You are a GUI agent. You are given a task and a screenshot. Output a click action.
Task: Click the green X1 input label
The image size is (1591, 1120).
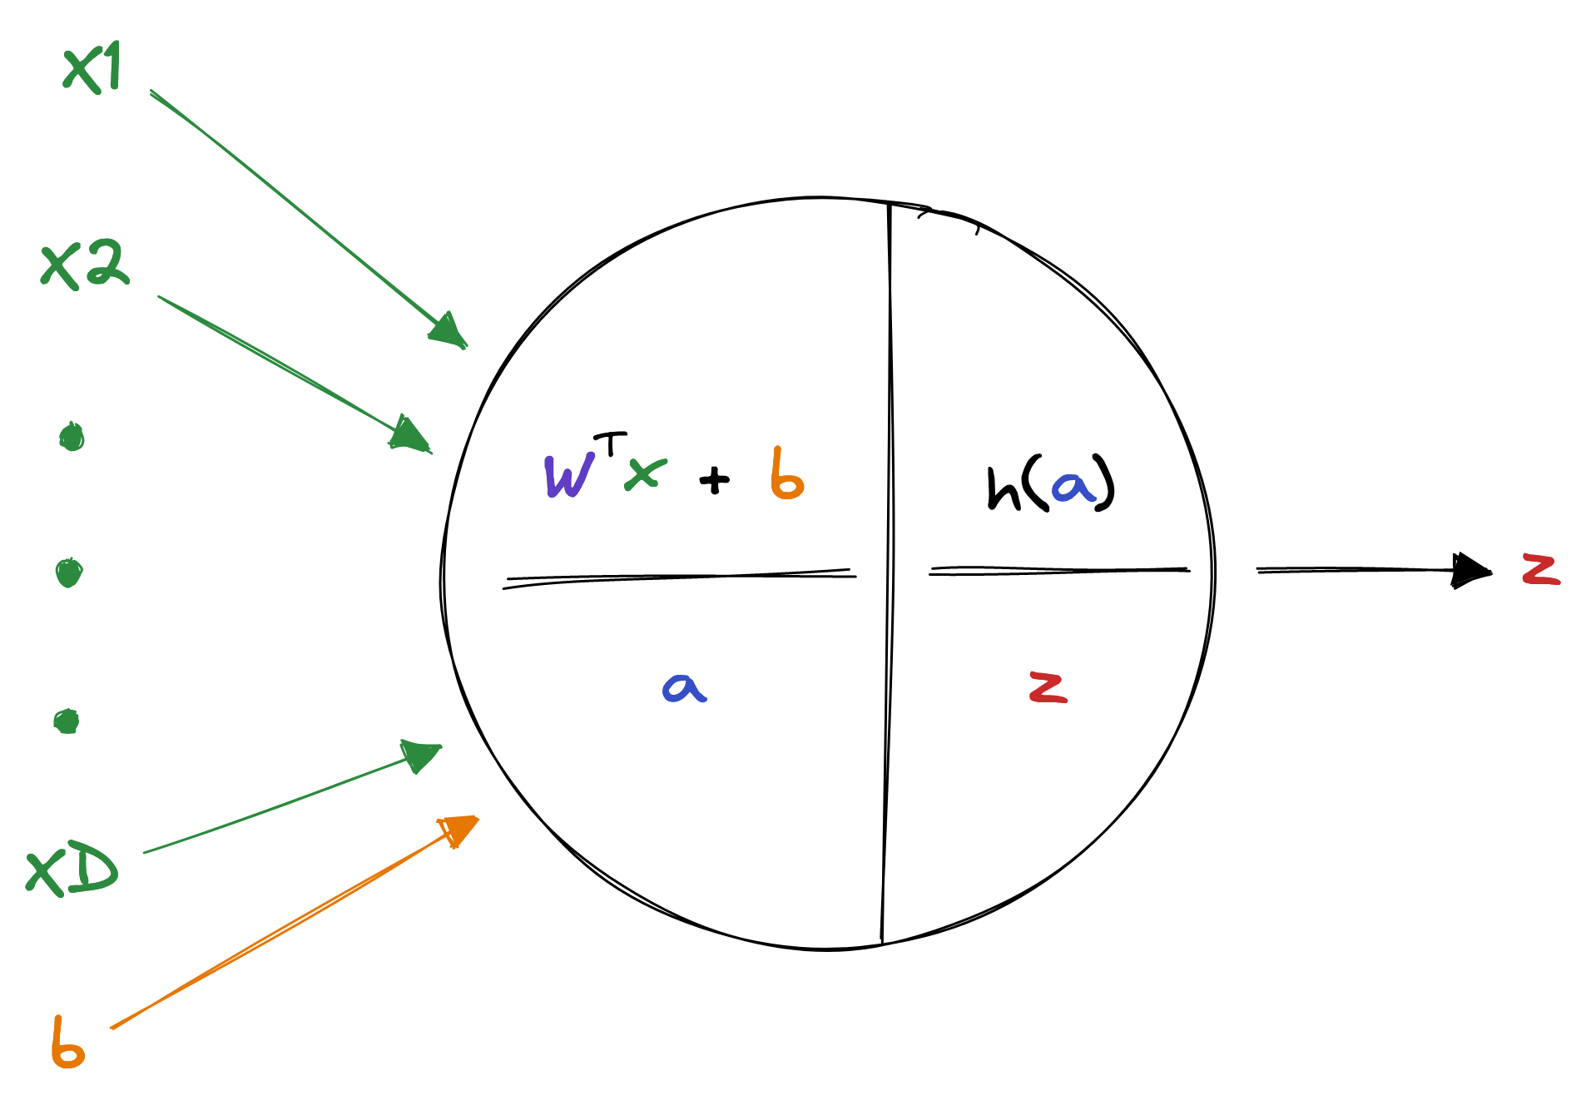[x=92, y=67]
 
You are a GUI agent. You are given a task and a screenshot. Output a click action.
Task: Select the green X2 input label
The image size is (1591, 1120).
[x=85, y=265]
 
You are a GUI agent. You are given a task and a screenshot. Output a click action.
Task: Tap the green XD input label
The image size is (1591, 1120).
[x=72, y=870]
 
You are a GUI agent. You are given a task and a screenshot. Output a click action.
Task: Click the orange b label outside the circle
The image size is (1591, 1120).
[x=67, y=1043]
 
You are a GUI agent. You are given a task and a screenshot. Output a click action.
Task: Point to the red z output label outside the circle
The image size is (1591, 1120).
[x=1541, y=570]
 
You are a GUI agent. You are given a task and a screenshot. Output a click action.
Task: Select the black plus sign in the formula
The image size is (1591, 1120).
[x=714, y=480]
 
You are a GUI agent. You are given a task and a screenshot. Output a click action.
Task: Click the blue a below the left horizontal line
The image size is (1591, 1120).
[x=684, y=688]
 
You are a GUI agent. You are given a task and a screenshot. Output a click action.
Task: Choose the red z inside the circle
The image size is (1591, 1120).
[x=1048, y=687]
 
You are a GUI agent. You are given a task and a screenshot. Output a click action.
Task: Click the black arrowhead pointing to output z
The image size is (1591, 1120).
[x=1470, y=571]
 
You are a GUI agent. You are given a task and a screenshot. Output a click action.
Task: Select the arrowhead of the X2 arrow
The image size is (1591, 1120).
[x=409, y=434]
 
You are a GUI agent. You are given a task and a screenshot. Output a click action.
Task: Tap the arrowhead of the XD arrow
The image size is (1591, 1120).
[x=420, y=754]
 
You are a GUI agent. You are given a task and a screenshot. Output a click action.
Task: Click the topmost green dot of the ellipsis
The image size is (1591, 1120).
[x=72, y=437]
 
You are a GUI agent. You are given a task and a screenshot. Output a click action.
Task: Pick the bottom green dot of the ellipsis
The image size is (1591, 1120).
[x=67, y=721]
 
